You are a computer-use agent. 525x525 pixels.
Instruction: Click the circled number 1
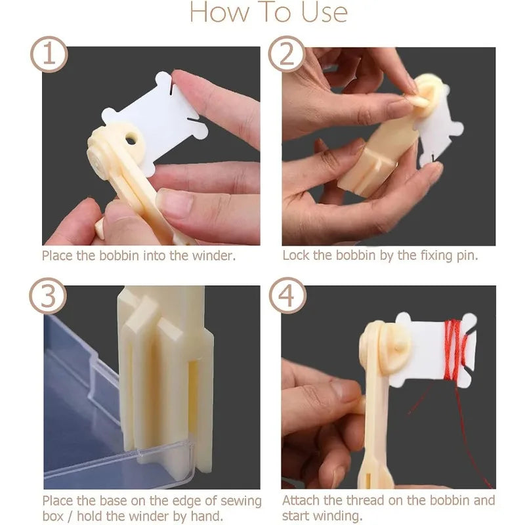[49, 54]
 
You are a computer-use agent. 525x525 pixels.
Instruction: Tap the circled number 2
[287, 54]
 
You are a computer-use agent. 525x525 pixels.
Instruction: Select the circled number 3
[48, 296]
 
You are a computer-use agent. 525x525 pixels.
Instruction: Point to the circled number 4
[287, 296]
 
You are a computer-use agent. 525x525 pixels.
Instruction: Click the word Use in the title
[324, 12]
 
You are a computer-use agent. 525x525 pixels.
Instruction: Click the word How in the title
[219, 12]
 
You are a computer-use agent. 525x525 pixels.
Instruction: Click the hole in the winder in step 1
[131, 138]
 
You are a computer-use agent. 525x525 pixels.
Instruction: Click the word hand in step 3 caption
[207, 516]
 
